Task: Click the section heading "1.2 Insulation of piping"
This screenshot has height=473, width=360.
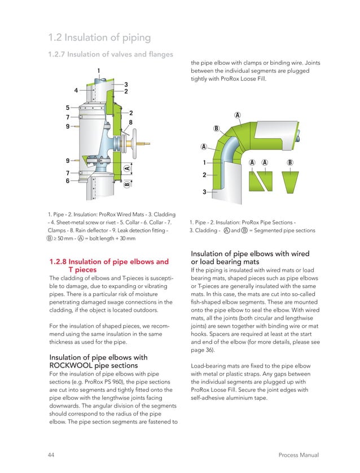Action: click(99, 38)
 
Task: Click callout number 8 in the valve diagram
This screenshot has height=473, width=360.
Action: click(130, 122)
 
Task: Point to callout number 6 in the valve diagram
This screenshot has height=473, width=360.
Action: click(68, 181)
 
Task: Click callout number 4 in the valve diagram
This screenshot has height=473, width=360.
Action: click(76, 90)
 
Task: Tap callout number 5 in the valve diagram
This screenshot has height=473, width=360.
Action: click(68, 107)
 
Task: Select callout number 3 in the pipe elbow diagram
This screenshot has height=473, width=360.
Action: click(204, 193)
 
